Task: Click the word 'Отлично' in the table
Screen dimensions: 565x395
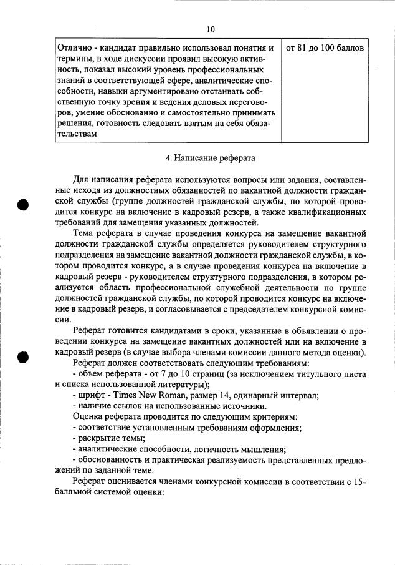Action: pos(73,48)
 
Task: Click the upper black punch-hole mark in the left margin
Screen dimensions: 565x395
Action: pos(23,205)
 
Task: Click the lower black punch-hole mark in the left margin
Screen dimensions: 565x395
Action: pos(23,357)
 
